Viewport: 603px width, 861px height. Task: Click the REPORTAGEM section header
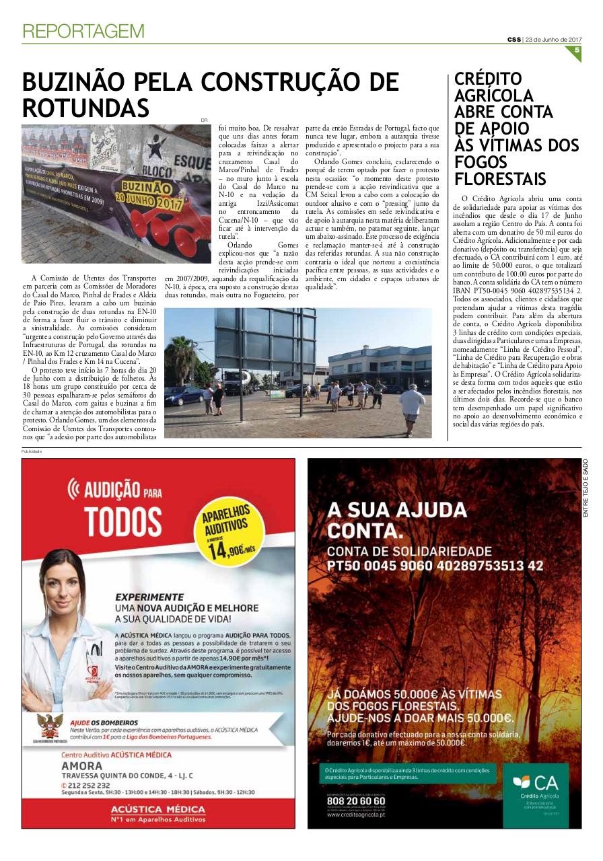click(x=83, y=31)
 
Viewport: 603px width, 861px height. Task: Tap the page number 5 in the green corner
click(x=576, y=51)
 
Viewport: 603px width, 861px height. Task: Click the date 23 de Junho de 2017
click(x=553, y=38)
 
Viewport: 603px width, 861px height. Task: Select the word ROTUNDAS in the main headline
click(x=85, y=108)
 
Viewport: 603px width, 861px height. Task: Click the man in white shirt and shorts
click(x=411, y=407)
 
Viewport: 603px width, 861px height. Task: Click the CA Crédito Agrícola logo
click(x=535, y=791)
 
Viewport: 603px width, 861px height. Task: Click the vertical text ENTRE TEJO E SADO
click(x=585, y=488)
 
